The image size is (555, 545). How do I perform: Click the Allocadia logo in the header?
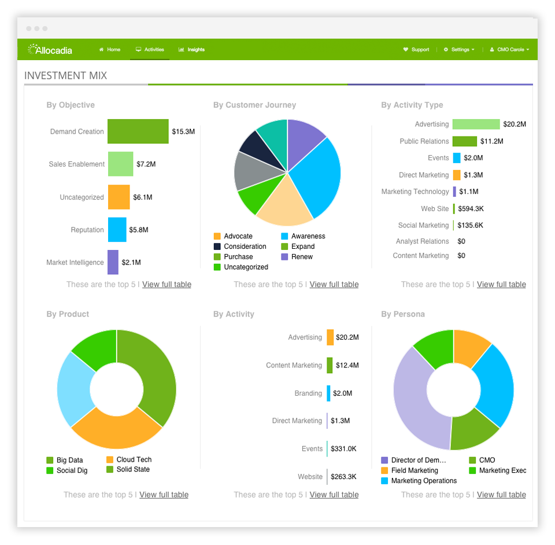(x=50, y=50)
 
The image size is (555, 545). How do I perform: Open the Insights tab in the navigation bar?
(x=192, y=50)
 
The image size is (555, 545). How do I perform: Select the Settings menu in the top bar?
(x=459, y=50)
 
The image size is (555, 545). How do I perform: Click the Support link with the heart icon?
(x=416, y=50)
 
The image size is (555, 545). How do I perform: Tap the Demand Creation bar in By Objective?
(x=138, y=131)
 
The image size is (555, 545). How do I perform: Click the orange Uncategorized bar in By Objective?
(x=119, y=197)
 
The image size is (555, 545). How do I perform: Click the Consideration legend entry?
(x=245, y=246)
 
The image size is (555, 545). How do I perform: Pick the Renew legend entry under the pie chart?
(x=302, y=257)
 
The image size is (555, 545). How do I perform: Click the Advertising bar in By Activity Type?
(x=476, y=124)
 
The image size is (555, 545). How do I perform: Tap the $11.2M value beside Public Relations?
(x=491, y=141)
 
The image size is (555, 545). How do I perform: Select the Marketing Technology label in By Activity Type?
(x=415, y=192)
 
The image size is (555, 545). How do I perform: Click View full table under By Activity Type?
(x=501, y=285)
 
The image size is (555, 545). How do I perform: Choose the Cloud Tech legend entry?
(x=134, y=460)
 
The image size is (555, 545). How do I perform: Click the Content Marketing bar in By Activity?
(x=330, y=366)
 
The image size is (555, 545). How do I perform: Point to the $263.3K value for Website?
(x=343, y=477)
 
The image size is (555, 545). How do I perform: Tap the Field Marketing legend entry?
(x=414, y=471)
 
